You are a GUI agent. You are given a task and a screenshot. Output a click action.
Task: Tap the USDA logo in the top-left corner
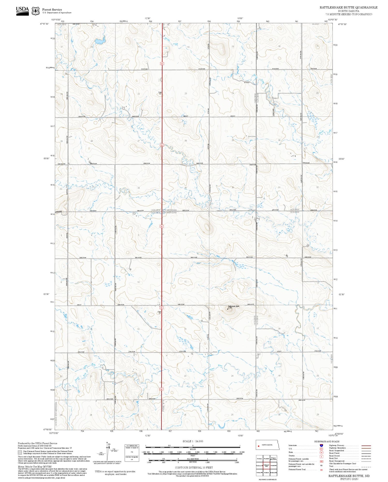point(23,11)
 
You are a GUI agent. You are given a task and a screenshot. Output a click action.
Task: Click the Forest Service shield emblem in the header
point(35,11)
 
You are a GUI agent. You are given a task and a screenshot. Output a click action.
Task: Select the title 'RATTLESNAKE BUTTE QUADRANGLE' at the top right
point(348,8)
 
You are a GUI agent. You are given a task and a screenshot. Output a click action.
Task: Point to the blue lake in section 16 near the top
point(100,41)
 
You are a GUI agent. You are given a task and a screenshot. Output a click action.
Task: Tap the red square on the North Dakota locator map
point(258,446)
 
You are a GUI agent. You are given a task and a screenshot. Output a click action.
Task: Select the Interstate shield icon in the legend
point(321,445)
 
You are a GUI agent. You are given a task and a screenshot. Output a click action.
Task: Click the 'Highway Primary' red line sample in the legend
point(365,446)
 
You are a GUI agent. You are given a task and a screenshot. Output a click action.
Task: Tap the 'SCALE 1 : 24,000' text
point(193,441)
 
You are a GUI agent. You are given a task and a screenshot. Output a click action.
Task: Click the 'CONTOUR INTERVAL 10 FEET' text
point(194,468)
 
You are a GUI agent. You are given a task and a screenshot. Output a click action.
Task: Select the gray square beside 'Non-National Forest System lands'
point(20,452)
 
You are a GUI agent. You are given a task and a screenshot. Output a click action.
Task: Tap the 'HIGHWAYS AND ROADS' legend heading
point(327,441)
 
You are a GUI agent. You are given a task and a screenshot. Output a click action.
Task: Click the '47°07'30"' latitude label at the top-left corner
point(45,24)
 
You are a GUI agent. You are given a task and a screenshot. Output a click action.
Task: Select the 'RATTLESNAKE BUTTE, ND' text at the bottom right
point(349,476)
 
